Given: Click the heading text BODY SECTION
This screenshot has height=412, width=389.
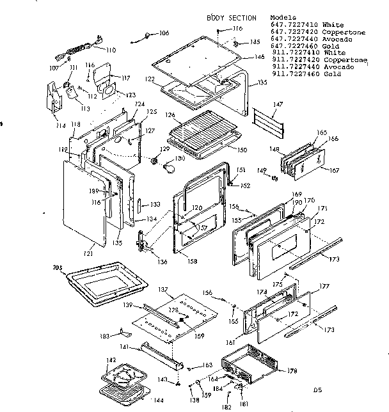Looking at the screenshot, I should tap(231, 18).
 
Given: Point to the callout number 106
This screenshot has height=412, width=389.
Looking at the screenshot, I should tap(164, 32).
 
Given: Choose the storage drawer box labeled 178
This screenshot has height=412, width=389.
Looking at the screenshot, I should tap(253, 368).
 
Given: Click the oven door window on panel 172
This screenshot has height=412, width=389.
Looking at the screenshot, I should tap(283, 248).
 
